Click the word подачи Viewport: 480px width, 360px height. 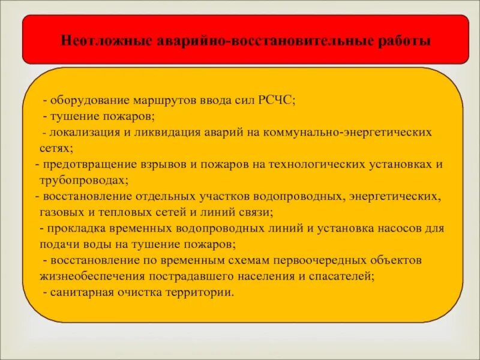tap(58, 244)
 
